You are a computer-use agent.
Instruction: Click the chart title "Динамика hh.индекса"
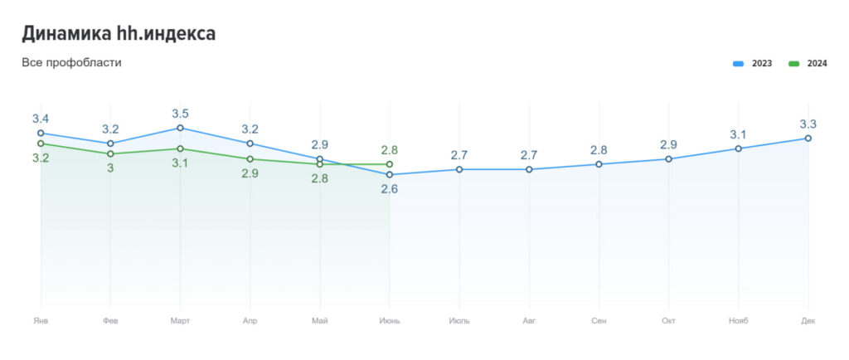[x=119, y=34]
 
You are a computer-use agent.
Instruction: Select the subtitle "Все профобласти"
[x=71, y=62]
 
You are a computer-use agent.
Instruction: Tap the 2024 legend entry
[x=808, y=64]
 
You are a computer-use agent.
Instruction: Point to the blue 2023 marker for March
[x=180, y=128]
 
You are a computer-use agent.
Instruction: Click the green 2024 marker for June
[x=390, y=164]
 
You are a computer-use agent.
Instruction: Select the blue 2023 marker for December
[x=808, y=139]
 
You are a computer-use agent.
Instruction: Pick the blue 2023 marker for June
[x=390, y=175]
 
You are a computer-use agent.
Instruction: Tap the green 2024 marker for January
[x=41, y=144]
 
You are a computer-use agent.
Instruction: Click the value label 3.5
[x=180, y=114]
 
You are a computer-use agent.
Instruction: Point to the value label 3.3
[x=808, y=124]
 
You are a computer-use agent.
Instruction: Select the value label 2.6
[x=390, y=189]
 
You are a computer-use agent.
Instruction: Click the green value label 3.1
[x=180, y=163]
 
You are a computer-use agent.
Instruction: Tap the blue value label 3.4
[x=41, y=119]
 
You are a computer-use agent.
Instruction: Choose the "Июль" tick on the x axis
[x=459, y=320]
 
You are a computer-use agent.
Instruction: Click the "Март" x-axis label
[x=180, y=320]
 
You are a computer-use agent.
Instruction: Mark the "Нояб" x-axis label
[x=738, y=320]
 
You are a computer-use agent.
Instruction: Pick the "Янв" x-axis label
[x=41, y=320]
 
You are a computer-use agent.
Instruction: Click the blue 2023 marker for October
[x=668, y=159]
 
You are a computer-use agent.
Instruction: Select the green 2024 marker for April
[x=250, y=159]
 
